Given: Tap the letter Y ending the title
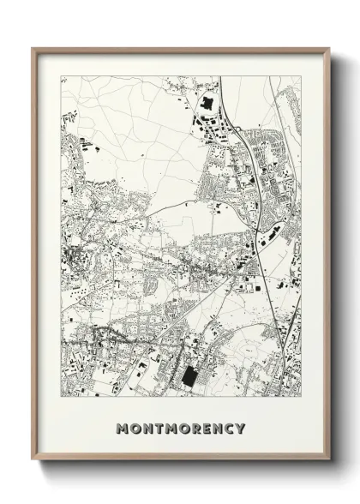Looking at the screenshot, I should (241, 428).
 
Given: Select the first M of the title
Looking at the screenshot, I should (121, 428).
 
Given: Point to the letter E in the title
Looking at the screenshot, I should (206, 428).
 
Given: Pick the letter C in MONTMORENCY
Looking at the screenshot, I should (229, 428).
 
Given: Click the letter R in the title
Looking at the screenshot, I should (194, 428).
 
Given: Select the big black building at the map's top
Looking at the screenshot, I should (206, 109).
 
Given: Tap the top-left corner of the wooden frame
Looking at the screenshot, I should (33, 49).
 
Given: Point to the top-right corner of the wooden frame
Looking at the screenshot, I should (327, 49).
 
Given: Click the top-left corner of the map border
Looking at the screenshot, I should (61, 76).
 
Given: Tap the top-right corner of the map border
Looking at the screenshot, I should (301, 76).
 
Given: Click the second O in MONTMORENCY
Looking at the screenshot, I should (181, 428).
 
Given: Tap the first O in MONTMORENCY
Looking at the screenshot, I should (133, 428).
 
